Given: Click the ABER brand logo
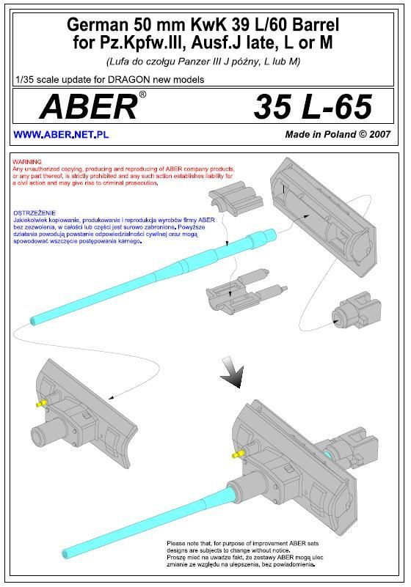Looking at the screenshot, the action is pyautogui.click(x=89, y=107).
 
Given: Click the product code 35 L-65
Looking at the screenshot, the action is pyautogui.click(x=313, y=107).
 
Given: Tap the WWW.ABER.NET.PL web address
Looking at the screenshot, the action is pyautogui.click(x=61, y=135).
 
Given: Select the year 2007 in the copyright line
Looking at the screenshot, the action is pyautogui.click(x=379, y=134).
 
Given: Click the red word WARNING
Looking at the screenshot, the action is pyautogui.click(x=27, y=162).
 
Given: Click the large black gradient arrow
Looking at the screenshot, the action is pyautogui.click(x=232, y=372).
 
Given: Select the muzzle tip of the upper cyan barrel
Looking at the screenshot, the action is pyautogui.click(x=33, y=321).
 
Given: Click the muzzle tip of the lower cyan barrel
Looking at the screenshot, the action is pyautogui.click(x=65, y=553).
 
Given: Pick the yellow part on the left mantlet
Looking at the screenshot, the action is pyautogui.click(x=42, y=403).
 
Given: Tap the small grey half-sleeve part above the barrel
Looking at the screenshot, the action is pyautogui.click(x=236, y=199).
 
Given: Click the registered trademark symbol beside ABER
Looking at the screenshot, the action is pyautogui.click(x=142, y=95).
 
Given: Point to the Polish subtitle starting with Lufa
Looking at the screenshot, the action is pyautogui.click(x=203, y=62).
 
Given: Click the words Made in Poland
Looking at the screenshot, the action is pyautogui.click(x=321, y=134).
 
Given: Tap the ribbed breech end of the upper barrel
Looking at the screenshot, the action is pyautogui.click(x=263, y=237).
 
